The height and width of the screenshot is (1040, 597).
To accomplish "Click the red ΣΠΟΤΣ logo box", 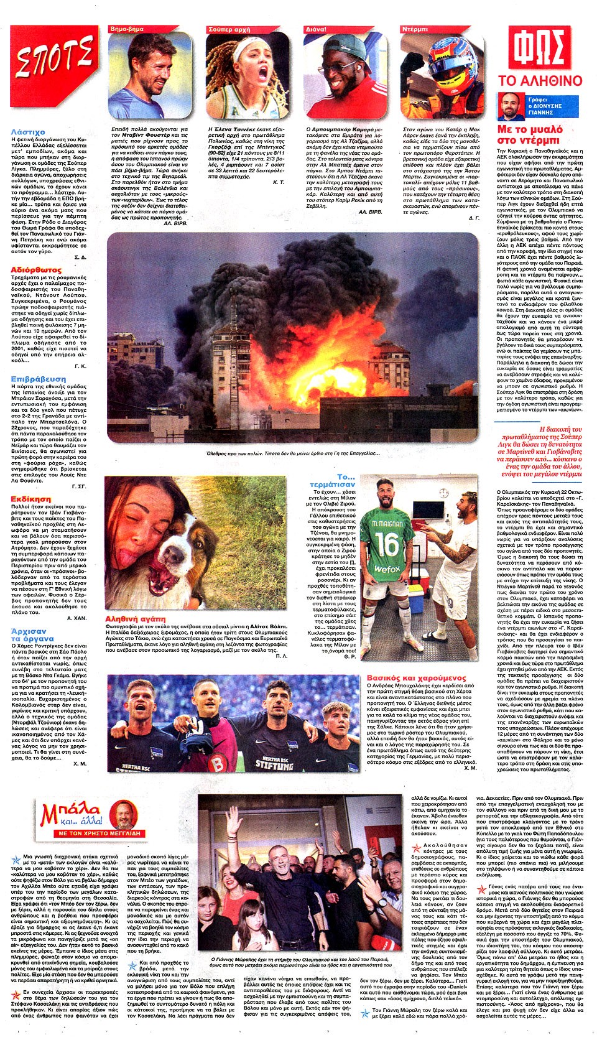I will (54, 57).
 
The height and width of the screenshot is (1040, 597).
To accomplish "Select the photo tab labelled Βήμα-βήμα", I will (127, 29).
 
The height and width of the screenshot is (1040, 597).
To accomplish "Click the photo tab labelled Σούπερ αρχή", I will (229, 29).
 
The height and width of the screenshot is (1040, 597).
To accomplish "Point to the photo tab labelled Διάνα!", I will (316, 29).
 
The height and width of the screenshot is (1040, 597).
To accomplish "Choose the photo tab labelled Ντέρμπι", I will (415, 29).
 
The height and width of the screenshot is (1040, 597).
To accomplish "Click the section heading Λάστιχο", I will (28, 132).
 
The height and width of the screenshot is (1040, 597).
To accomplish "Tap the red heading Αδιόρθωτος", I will (36, 270).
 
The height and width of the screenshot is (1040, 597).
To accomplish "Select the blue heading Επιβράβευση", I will (38, 379).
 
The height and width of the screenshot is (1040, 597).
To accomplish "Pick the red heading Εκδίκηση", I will (31, 499).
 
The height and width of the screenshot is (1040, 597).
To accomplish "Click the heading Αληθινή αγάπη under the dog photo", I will (136, 619).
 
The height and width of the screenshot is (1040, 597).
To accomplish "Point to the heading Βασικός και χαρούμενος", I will (416, 677).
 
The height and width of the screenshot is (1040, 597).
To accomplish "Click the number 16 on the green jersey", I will (386, 545).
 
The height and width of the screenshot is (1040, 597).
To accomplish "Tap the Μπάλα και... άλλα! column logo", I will (91, 817).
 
